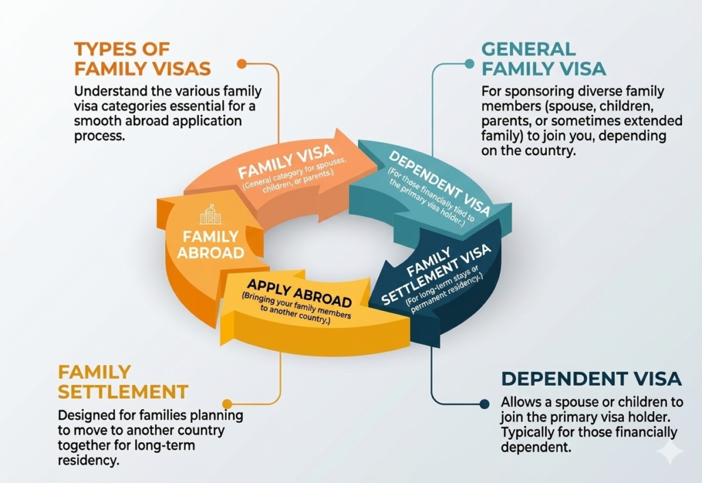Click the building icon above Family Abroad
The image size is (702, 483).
210,214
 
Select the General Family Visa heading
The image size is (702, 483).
544,59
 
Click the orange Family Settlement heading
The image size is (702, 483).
123,382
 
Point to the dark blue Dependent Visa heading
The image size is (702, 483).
591,378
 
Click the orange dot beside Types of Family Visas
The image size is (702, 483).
241,64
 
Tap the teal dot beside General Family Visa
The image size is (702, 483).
470,64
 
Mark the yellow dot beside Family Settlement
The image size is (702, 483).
227,404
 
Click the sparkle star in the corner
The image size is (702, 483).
669,451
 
